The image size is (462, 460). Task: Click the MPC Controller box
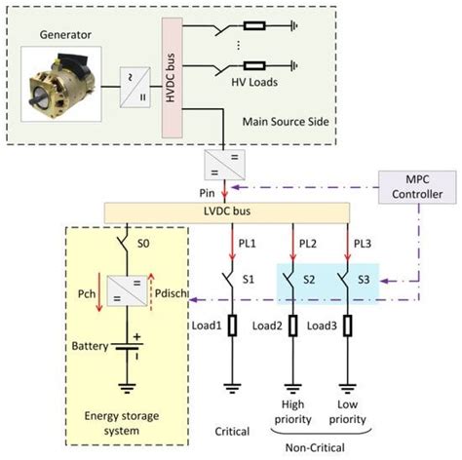pyautogui.click(x=411, y=185)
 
